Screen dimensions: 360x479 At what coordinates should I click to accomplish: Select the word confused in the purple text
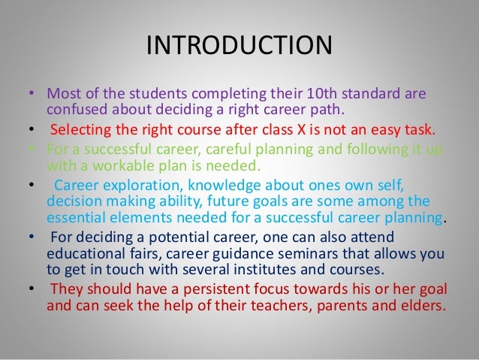74,112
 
